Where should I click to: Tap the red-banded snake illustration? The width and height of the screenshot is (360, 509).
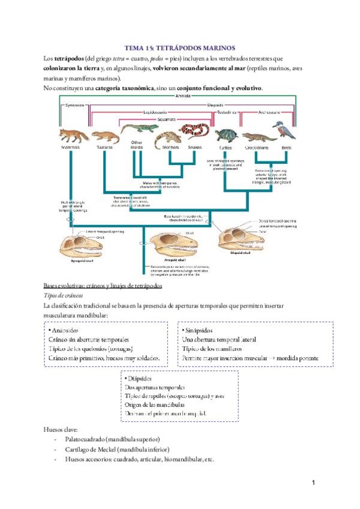tap(195, 133)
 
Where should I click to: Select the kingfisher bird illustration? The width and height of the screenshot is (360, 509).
tap(281, 130)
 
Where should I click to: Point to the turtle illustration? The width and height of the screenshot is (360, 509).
tap(226, 135)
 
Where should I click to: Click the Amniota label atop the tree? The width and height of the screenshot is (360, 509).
tap(183, 95)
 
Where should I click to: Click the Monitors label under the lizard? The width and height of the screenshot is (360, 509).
tap(170, 147)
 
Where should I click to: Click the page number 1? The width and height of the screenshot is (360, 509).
tap(314, 482)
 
